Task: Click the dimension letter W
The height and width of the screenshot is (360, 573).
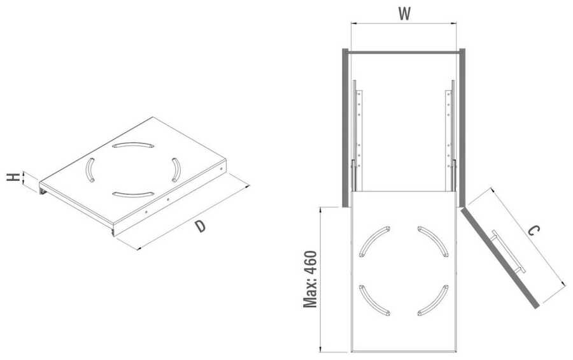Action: point(404,14)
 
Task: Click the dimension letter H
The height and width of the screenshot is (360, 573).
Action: point(13,177)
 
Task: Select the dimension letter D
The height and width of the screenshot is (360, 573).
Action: point(200,226)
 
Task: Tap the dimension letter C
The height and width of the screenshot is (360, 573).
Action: point(534,231)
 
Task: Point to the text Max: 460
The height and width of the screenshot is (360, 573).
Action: point(310,279)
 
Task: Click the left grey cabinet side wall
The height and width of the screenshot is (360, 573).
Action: point(345,127)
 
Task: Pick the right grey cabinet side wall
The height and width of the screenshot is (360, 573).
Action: point(462,127)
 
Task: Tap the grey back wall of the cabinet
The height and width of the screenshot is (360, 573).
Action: point(404,52)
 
